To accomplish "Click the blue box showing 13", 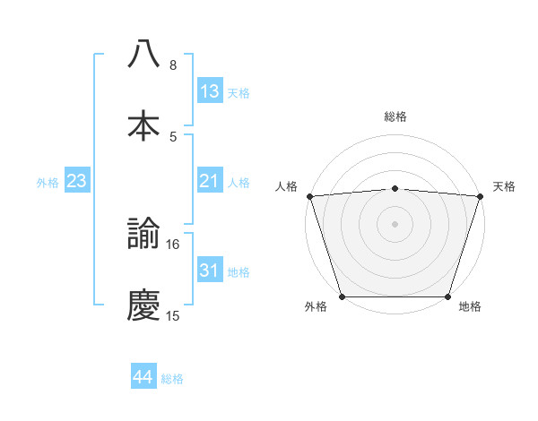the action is click(210, 91).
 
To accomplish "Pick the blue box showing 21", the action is click(210, 181).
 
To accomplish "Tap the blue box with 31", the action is click(210, 271).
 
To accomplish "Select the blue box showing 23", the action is click(77, 181).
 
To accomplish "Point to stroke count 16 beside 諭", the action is click(173, 244).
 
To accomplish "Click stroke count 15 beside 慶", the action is click(173, 315).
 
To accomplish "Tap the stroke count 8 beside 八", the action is click(173, 64).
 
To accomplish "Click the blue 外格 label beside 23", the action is click(48, 182).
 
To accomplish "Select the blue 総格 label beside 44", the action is click(172, 379).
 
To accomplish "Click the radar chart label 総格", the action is click(395, 116).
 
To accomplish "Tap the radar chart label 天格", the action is click(504, 186).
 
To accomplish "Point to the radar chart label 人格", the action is click(286, 186).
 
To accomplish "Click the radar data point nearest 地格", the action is click(447, 296).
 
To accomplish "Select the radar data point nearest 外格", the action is click(342, 296).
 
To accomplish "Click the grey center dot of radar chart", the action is click(395, 223).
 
